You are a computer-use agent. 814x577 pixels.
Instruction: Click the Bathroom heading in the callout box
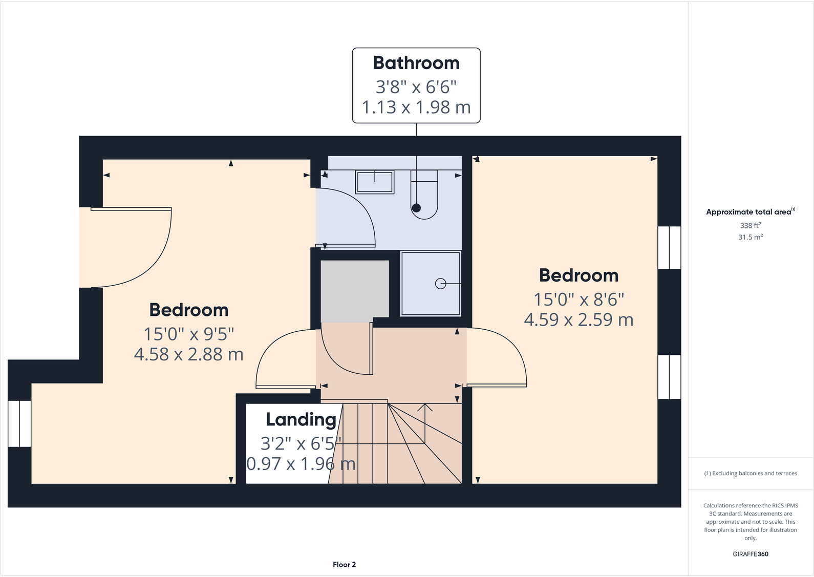[x=416, y=63]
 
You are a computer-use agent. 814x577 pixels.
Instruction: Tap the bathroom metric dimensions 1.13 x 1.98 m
[x=416, y=108]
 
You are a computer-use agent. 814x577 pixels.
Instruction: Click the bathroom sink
[x=375, y=182]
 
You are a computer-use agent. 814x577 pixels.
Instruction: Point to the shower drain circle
[x=440, y=283]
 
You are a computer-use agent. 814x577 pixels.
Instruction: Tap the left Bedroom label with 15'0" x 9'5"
[x=189, y=310]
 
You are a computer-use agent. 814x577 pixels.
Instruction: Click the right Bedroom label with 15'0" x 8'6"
[x=579, y=275]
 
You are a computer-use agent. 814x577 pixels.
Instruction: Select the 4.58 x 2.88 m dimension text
[x=189, y=354]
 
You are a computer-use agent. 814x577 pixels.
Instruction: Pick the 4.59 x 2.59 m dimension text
[x=579, y=320]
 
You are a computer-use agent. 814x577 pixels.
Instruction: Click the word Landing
[x=301, y=419]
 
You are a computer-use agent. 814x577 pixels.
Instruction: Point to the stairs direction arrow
[x=424, y=408]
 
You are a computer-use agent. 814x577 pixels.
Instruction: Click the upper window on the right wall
[x=669, y=248]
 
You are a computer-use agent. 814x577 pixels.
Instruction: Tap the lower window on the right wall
[x=669, y=377]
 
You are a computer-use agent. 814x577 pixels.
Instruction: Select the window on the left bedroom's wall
[x=19, y=423]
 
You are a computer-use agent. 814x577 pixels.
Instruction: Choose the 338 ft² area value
[x=750, y=225]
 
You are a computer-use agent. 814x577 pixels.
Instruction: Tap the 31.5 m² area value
[x=750, y=237]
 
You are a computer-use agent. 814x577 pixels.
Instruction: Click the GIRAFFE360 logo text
[x=750, y=554]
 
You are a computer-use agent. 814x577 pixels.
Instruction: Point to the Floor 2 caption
[x=344, y=565]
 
